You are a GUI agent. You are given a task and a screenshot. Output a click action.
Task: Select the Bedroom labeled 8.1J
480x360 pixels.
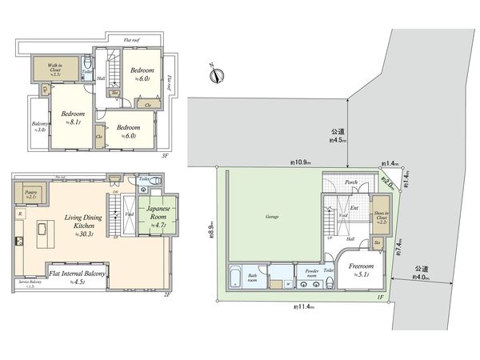[x=65, y=116]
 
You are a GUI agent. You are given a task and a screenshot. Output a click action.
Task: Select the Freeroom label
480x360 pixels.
[x=361, y=268]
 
